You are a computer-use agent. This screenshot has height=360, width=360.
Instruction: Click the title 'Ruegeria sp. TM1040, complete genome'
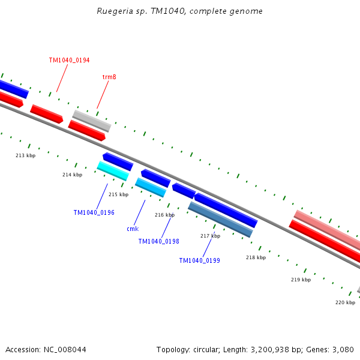(x=180, y=11)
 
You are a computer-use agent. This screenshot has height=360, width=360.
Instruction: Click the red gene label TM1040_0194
(x=69, y=61)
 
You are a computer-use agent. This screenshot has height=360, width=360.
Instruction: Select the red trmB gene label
(x=109, y=77)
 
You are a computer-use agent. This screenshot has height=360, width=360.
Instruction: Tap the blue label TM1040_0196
(x=94, y=213)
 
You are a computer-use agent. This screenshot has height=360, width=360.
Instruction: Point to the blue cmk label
(x=133, y=229)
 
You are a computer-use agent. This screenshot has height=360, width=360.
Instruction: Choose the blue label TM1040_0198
(x=158, y=241)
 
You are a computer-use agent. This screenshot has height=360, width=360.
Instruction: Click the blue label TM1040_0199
(x=199, y=260)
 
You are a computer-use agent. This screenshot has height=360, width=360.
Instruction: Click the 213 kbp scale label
(x=25, y=155)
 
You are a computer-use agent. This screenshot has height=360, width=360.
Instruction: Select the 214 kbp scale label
(x=72, y=175)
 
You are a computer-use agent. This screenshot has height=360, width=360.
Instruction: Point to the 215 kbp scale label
(x=118, y=194)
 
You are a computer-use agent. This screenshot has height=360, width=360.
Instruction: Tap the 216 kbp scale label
(x=164, y=215)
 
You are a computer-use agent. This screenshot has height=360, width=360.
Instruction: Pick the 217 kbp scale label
(x=210, y=236)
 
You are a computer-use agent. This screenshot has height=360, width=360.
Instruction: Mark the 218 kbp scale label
(x=256, y=257)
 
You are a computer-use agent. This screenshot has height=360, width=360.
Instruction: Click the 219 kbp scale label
(x=301, y=280)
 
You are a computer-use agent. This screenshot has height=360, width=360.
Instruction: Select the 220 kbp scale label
(x=345, y=302)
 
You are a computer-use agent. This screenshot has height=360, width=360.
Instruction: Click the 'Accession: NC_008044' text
(x=46, y=349)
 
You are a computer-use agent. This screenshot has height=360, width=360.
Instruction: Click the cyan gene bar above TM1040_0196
(x=113, y=171)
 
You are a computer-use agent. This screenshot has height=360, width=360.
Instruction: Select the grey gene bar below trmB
(x=92, y=120)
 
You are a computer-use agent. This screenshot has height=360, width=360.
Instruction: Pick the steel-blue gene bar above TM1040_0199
(x=220, y=219)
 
